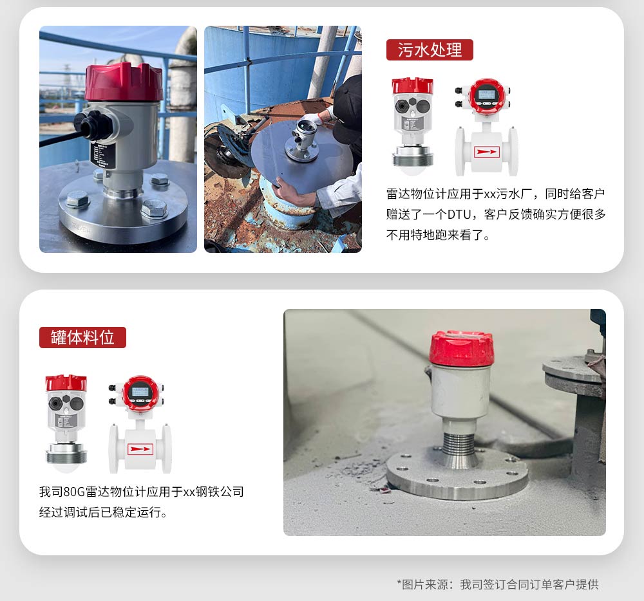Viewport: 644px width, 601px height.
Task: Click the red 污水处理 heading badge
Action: [x=430, y=50]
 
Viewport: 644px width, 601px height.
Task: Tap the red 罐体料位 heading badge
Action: [x=82, y=338]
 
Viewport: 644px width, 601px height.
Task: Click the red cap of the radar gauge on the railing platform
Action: [x=123, y=82]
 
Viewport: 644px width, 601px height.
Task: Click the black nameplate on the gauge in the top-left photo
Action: [x=102, y=154]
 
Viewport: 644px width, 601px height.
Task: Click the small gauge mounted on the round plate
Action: [x=304, y=140]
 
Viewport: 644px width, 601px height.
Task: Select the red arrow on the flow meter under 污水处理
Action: [x=486, y=153]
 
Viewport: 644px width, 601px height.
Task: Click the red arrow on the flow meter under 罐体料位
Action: [x=140, y=450]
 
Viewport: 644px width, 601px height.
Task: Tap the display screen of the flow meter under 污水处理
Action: [x=487, y=96]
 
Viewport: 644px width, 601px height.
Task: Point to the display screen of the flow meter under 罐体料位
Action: [x=140, y=393]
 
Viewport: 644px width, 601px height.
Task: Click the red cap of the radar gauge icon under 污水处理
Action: [x=412, y=86]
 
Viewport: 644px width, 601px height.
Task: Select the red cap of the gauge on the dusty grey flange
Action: [x=461, y=348]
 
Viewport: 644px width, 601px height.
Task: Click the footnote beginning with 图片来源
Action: [x=498, y=584]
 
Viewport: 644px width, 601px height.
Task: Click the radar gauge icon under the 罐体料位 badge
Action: [x=66, y=423]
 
